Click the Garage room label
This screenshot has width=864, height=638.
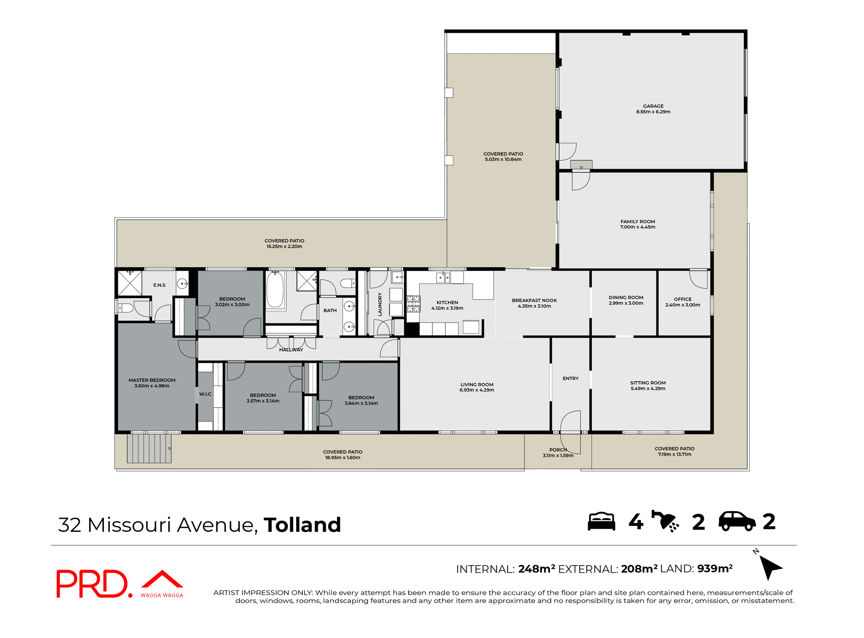coord(653,106)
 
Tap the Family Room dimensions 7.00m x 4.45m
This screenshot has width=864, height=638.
coord(638,227)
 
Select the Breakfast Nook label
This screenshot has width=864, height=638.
coord(534,301)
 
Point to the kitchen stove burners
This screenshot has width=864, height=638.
coord(414,304)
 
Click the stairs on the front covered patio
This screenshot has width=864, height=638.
coord(149,448)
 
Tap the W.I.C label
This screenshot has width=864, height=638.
coord(205,394)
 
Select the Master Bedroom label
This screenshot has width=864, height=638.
coord(152,380)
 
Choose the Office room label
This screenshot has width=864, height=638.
coord(683,299)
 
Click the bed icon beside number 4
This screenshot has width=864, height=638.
coord(601,522)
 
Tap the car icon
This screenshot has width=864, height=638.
coord(737,522)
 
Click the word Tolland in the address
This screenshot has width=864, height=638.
coord(302,525)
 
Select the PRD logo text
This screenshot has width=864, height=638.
coord(92,584)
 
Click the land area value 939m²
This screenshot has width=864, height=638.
coord(715,569)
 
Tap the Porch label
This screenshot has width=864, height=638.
coord(558,450)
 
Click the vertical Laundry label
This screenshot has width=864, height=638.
coord(380,304)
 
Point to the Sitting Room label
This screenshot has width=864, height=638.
coord(648,383)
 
